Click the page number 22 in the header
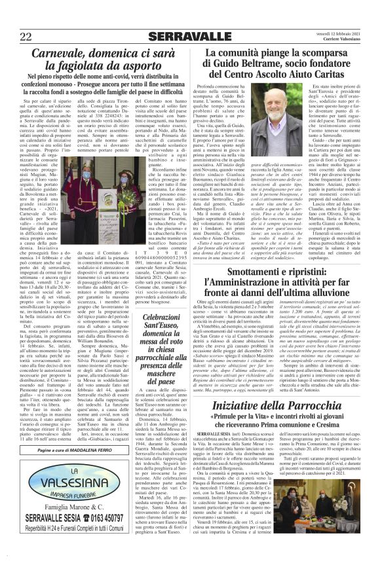click(x=27, y=36)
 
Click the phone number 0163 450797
click(x=109, y=534)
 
